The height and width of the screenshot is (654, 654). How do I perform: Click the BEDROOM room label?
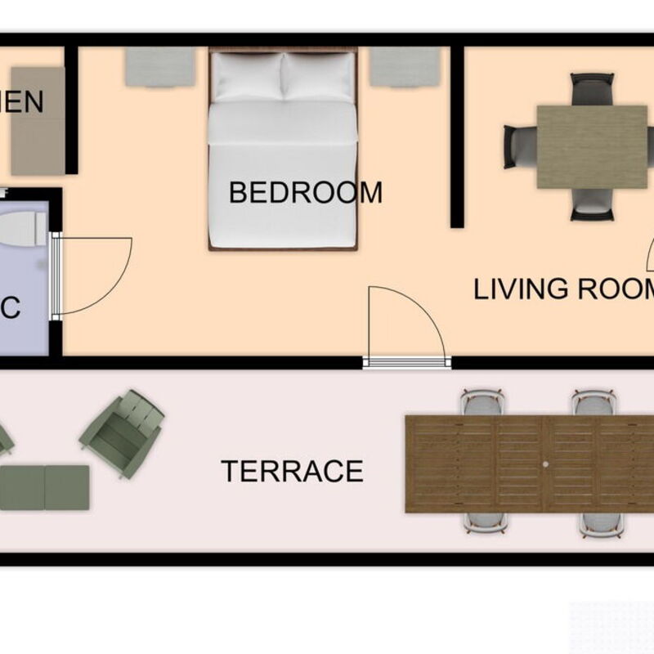(x=305, y=193)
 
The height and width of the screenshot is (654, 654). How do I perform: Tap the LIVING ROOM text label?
(x=564, y=289)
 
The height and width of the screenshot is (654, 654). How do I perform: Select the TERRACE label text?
(x=292, y=472)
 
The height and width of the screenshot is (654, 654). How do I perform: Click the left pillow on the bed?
(x=246, y=77)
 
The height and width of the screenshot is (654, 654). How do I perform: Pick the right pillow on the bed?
(x=318, y=77)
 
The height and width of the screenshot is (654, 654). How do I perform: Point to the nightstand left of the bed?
(x=159, y=66)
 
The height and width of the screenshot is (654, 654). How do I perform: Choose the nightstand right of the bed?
(x=405, y=66)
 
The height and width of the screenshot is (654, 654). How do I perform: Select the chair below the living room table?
(x=592, y=205)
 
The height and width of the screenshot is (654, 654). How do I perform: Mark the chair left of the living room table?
(x=519, y=146)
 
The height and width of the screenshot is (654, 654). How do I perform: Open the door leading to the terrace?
(x=406, y=361)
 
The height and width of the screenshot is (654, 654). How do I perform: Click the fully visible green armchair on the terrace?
(x=122, y=433)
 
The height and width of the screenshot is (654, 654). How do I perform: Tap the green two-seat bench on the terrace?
(x=45, y=487)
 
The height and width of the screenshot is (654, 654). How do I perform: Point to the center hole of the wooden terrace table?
(x=545, y=464)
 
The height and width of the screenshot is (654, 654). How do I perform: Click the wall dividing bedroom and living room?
(x=457, y=135)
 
